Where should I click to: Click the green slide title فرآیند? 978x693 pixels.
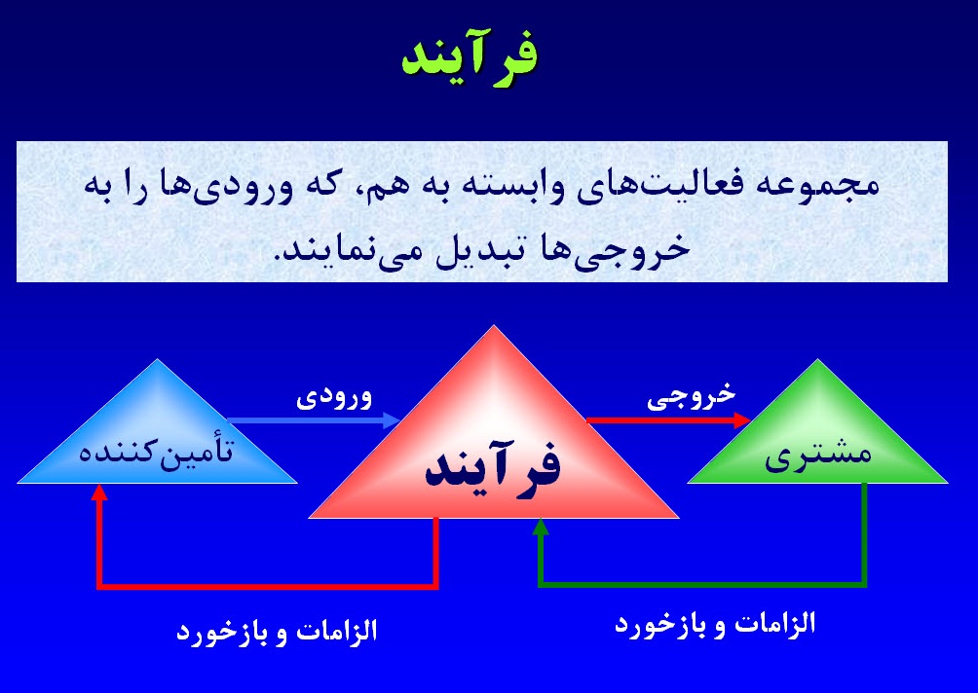pos(470,56)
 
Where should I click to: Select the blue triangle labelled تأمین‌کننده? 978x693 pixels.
pos(157,438)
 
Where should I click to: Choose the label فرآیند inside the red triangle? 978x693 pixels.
pos(493,467)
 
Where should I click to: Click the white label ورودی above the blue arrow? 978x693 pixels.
pos(334,398)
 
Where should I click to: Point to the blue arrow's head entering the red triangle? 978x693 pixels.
pos(393,420)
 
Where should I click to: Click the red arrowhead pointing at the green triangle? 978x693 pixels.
pos(744,420)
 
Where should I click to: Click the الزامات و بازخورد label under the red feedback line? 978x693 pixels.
pos(277,632)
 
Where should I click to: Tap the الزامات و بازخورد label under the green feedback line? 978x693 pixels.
pos(715,624)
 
